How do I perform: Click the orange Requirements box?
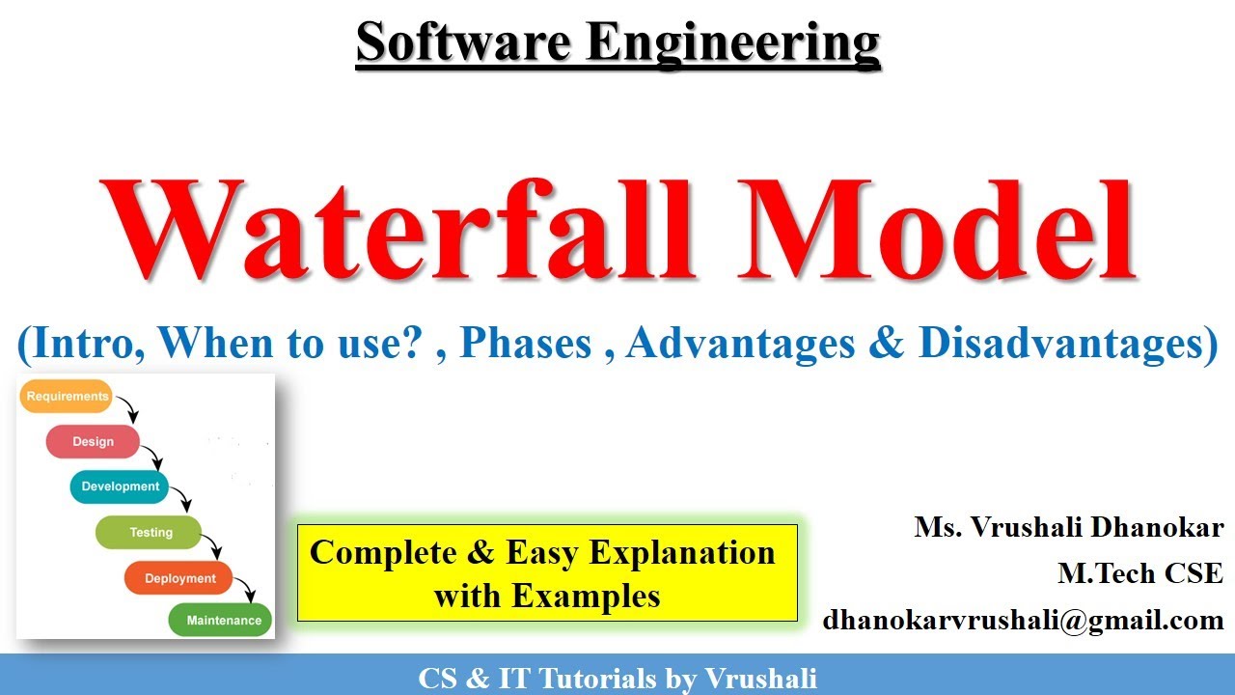click(x=66, y=397)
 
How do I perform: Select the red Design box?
click(x=93, y=442)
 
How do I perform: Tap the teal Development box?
click(x=120, y=486)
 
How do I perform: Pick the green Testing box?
click(x=149, y=532)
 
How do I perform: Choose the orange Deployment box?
click(x=179, y=578)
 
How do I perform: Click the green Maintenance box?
click(x=222, y=621)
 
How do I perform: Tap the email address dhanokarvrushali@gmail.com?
click(x=1023, y=620)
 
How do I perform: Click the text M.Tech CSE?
click(x=1140, y=573)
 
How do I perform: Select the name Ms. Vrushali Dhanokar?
click(x=1069, y=528)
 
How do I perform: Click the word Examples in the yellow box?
click(x=547, y=596)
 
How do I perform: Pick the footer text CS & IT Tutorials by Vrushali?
click(x=617, y=678)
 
